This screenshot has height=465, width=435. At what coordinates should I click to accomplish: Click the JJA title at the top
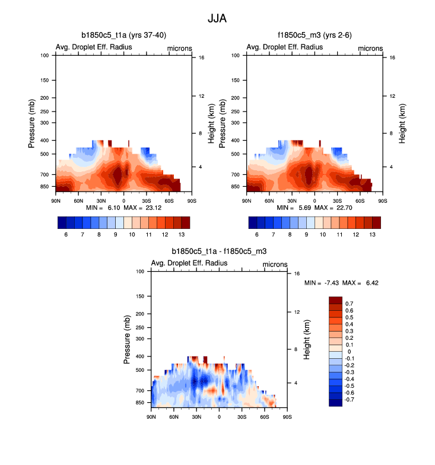pos(217,18)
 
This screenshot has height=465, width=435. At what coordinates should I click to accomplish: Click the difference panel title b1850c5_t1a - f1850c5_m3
pos(218,251)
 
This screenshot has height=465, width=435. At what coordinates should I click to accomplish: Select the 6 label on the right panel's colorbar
pos(256,235)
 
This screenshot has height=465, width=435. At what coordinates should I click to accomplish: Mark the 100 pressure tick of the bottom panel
pos(141,272)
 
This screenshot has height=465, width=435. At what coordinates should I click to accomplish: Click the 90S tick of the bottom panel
pos(287,418)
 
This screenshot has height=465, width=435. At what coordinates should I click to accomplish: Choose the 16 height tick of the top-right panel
pos(385,58)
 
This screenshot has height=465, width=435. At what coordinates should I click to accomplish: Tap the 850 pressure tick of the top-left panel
pos(45,186)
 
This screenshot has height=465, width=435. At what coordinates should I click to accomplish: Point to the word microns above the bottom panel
pos(275,264)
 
